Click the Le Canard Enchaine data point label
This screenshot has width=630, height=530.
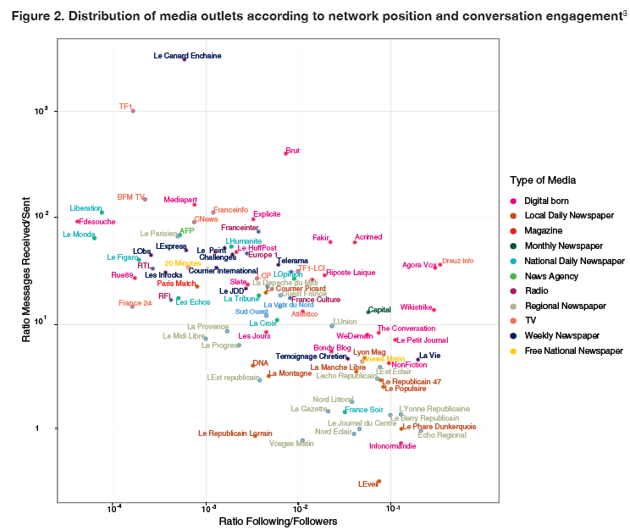pyautogui.click(x=187, y=56)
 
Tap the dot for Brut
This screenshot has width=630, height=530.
pyautogui.click(x=285, y=153)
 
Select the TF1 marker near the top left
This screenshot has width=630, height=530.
pyautogui.click(x=133, y=111)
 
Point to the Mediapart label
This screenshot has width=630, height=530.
pyautogui.click(x=180, y=200)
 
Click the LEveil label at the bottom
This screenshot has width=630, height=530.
pyautogui.click(x=367, y=484)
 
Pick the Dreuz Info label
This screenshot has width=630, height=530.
pyautogui.click(x=458, y=261)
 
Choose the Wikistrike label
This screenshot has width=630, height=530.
pyautogui.click(x=417, y=307)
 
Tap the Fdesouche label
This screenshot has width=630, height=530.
pyautogui.click(x=96, y=222)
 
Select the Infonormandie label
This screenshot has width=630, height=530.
pyautogui.click(x=392, y=446)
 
